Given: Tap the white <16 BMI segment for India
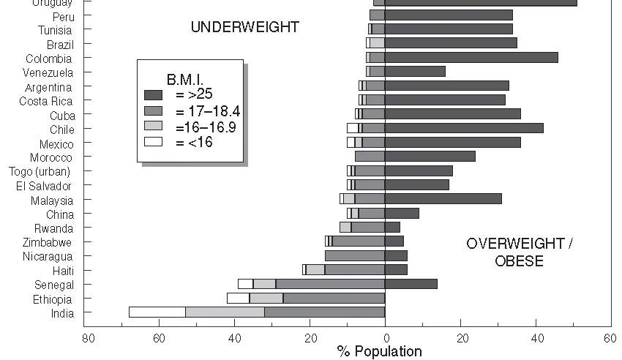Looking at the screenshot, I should (157, 312).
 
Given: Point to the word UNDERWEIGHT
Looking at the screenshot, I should (244, 28).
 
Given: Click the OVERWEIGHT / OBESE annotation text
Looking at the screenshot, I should (519, 252).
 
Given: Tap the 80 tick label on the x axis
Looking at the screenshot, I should (89, 338).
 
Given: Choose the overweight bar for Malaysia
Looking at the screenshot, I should (443, 199).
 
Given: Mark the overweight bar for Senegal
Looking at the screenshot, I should (411, 284).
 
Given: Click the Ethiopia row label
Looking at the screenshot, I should (52, 299).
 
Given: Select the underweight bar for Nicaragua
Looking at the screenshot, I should (355, 256).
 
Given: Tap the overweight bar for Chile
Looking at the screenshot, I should (464, 128).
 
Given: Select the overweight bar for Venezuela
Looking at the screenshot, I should (415, 72).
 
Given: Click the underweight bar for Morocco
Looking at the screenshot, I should (370, 157).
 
